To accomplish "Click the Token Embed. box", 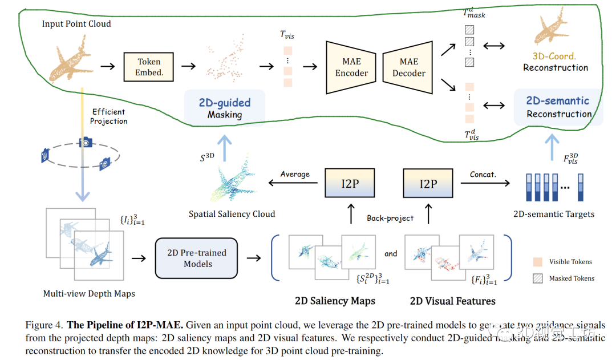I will coord(149,67).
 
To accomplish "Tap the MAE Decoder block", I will coord(408,67).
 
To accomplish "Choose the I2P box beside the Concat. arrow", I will coord(428,184).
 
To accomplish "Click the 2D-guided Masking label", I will coord(224,108).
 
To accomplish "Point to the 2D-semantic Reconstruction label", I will coord(558,107).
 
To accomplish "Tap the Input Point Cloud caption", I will coord(76,24).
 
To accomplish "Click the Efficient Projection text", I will coord(109,116).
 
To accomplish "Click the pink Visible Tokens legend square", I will coord(537,262).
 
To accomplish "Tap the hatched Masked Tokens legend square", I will coord(537,278).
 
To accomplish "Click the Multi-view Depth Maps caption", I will coord(89,294).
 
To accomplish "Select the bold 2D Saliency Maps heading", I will coord(335,300).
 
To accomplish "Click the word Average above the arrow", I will coord(294,174).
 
